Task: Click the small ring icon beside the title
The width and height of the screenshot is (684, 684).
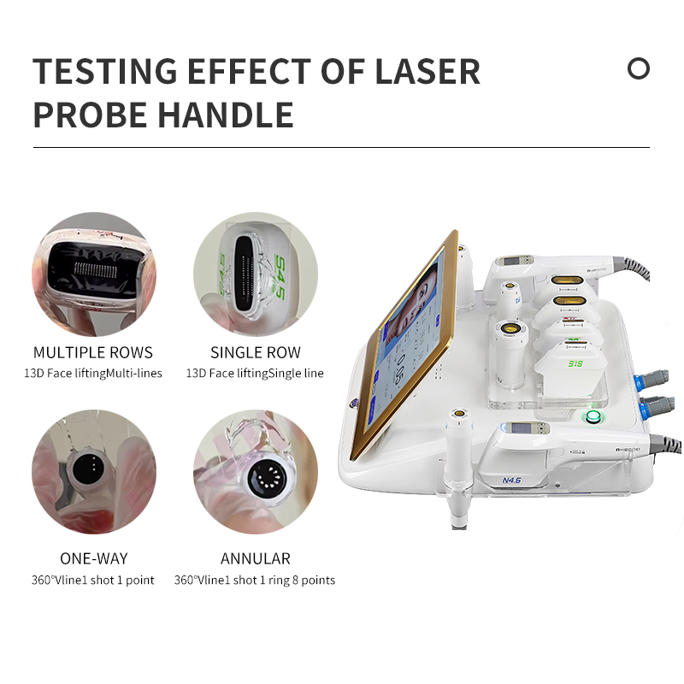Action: pos(639,68)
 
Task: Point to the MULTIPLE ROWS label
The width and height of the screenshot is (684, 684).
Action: pos(93,352)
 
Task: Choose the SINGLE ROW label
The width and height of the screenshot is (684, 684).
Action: pos(255,352)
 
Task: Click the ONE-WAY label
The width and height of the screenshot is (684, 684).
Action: pos(93,559)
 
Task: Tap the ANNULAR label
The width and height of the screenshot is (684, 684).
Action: pos(255,559)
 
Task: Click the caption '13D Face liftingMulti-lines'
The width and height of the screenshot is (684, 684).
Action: pos(93,373)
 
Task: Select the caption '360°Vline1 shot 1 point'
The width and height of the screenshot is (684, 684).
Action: pos(93,580)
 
